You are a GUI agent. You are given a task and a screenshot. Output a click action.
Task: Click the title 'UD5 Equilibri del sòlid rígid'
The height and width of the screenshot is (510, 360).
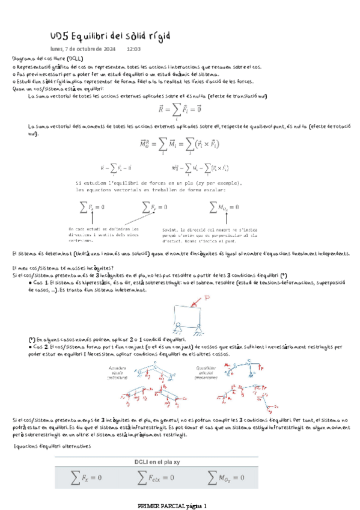tap(109, 36)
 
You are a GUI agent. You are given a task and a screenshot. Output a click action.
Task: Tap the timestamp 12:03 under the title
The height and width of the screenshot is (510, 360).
tap(133, 49)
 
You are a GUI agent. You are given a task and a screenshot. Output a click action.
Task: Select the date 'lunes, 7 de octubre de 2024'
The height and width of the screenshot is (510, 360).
tap(83, 49)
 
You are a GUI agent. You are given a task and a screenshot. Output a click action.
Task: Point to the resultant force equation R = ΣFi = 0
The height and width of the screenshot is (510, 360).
tap(179, 109)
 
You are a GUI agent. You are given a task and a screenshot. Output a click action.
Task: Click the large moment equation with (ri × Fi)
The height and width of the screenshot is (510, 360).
tap(179, 144)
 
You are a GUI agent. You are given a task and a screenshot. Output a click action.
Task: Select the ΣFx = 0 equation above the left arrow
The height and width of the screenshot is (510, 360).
tap(92, 207)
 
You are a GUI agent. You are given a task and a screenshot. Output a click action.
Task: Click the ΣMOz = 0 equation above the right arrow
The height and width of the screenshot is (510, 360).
tap(224, 207)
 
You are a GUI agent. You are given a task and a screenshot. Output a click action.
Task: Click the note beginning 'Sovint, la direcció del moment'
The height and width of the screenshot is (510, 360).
tap(206, 235)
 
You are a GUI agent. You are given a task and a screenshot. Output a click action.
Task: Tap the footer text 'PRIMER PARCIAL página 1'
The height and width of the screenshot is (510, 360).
tap(172, 506)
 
